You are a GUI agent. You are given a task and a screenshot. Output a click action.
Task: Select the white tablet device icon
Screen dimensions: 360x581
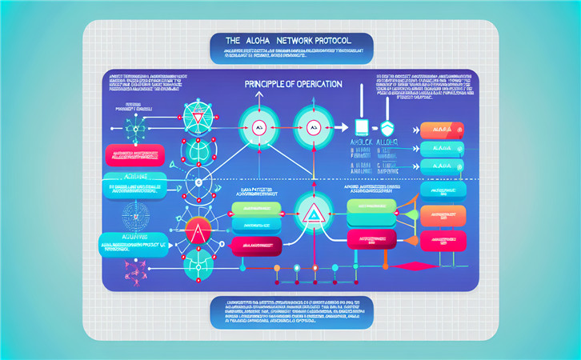coord(360,128)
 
